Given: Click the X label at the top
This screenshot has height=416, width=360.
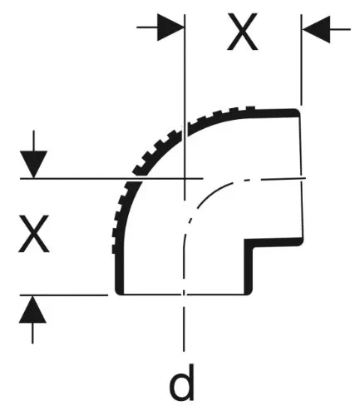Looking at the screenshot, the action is tap(243, 32).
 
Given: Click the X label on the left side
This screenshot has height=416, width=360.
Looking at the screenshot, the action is tap(34, 234).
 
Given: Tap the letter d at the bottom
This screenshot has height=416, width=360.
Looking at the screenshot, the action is tap(181, 383).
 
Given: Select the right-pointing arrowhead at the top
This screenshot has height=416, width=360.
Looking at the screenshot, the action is tap(170, 27).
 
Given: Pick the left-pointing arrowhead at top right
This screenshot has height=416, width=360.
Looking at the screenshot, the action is tap(316, 29).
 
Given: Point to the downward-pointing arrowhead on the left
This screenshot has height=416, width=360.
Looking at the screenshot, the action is tap(33, 164).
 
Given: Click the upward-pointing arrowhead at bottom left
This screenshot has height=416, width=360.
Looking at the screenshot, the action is tap(32, 310).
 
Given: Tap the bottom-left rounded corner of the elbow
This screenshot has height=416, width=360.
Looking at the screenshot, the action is tap(119, 291).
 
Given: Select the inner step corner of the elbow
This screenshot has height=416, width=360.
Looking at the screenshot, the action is tap(248, 242).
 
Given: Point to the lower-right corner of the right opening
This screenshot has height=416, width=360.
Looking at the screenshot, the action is tap(300, 242).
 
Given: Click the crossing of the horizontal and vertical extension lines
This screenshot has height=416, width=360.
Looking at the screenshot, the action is tap(185, 179).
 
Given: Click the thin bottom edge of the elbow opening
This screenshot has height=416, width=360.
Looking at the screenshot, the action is tap(184, 295).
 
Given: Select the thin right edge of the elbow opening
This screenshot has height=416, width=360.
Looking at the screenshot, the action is tap(302, 177).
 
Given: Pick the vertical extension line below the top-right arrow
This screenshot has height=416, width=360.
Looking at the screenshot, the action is tap(302, 60).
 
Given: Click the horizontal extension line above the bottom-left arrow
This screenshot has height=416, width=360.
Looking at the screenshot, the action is tap(64, 295).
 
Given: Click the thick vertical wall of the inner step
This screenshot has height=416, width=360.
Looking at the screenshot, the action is tap(248, 267).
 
